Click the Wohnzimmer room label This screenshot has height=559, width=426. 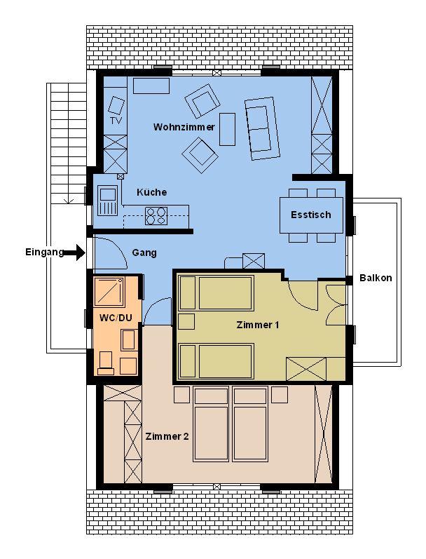pyautogui.click(x=184, y=127)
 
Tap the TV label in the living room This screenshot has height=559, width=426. pyautogui.click(x=116, y=121)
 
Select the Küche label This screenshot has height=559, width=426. pyautogui.click(x=151, y=191)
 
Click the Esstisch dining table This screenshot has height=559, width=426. pyautogui.click(x=310, y=215)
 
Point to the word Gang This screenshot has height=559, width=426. pyautogui.click(x=144, y=252)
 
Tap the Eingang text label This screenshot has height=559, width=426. pyautogui.click(x=44, y=252)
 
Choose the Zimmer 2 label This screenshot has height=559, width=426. pyautogui.click(x=167, y=436)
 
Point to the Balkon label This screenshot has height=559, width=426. pyautogui.click(x=376, y=278)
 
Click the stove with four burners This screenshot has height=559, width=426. pyautogui.click(x=156, y=215)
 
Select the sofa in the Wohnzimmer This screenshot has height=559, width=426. pyautogui.click(x=260, y=128)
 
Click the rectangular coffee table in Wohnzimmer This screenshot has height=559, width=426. pyautogui.click(x=227, y=129)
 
